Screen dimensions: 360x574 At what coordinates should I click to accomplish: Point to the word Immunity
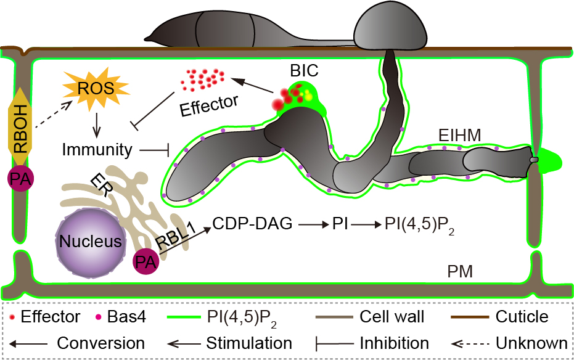pyautogui.click(x=97, y=149)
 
